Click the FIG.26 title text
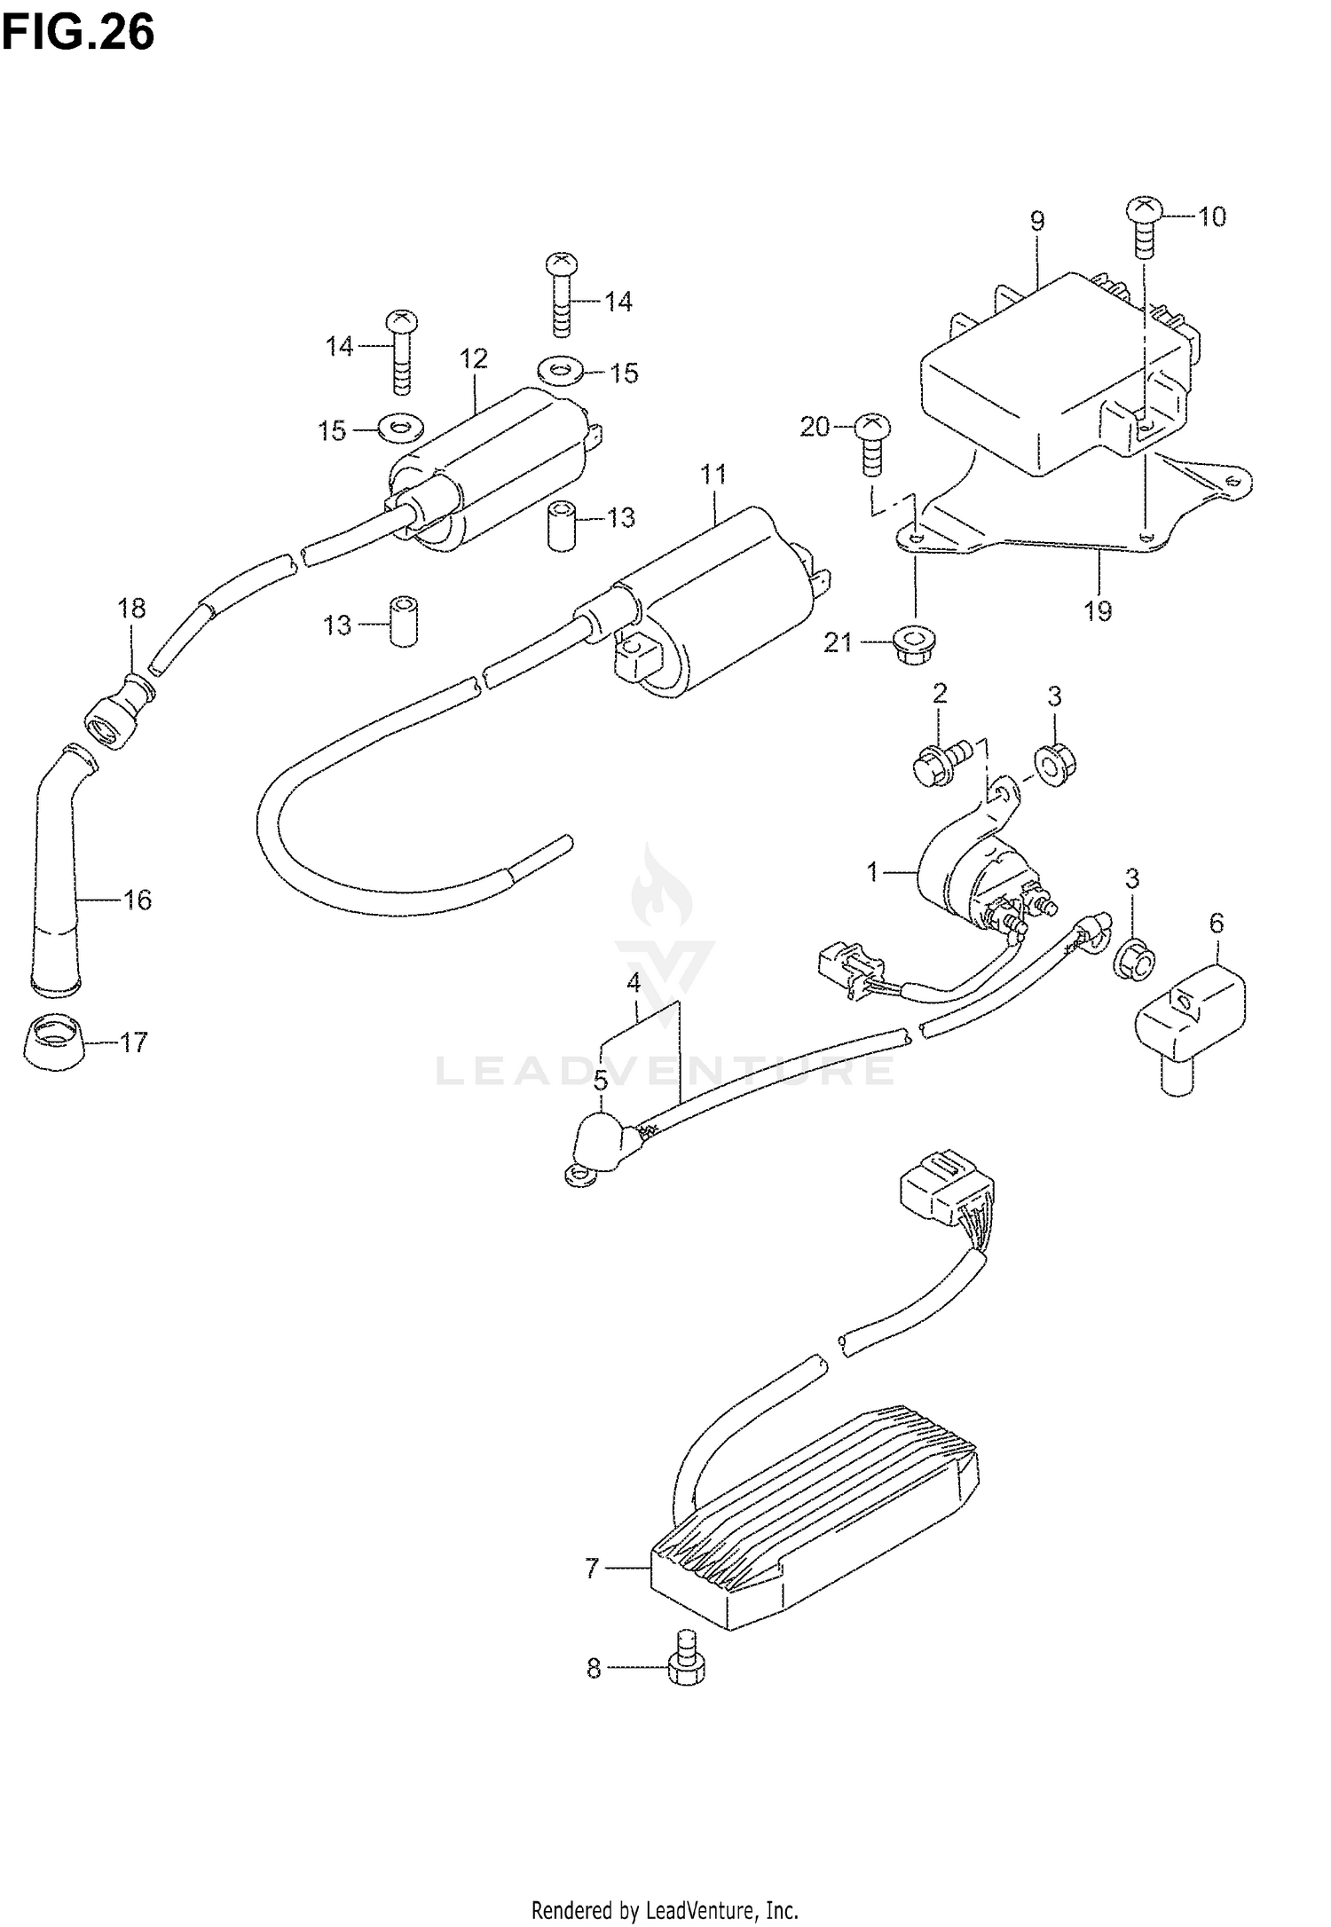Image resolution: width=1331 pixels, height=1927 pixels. coord(78,33)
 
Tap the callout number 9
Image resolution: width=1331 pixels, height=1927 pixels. coord(1037,221)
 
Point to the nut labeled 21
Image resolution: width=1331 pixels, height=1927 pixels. coord(911,642)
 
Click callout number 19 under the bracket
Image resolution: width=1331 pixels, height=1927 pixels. coord(1098,610)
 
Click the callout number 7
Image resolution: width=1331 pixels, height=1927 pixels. coord(593,1569)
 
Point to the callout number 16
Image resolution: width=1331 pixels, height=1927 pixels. coord(138,900)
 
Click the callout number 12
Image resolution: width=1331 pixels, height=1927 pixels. coord(474,358)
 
